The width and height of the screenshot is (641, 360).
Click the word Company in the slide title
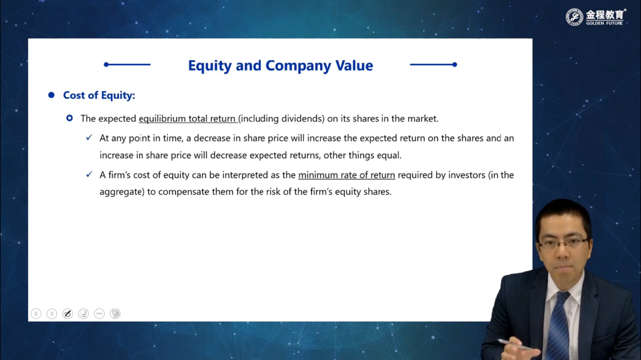click(298, 66)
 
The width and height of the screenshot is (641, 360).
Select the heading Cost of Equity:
click(99, 95)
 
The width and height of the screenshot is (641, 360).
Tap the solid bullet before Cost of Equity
click(51, 95)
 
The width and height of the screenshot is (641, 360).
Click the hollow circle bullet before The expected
click(69, 118)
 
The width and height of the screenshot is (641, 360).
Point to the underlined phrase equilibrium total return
click(187, 119)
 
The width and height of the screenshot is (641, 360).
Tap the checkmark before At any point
click(89, 137)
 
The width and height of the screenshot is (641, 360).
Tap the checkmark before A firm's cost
click(89, 174)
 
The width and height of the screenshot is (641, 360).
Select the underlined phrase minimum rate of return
click(347, 175)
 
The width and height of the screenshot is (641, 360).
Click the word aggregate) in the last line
click(122, 192)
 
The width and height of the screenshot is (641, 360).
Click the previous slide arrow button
click(36, 314)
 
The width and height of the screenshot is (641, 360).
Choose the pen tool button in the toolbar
click(67, 314)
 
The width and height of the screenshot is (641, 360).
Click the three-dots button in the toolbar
click(99, 314)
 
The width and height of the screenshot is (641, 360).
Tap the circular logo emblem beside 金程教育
click(574, 17)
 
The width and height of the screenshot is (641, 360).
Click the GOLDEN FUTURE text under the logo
click(604, 23)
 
